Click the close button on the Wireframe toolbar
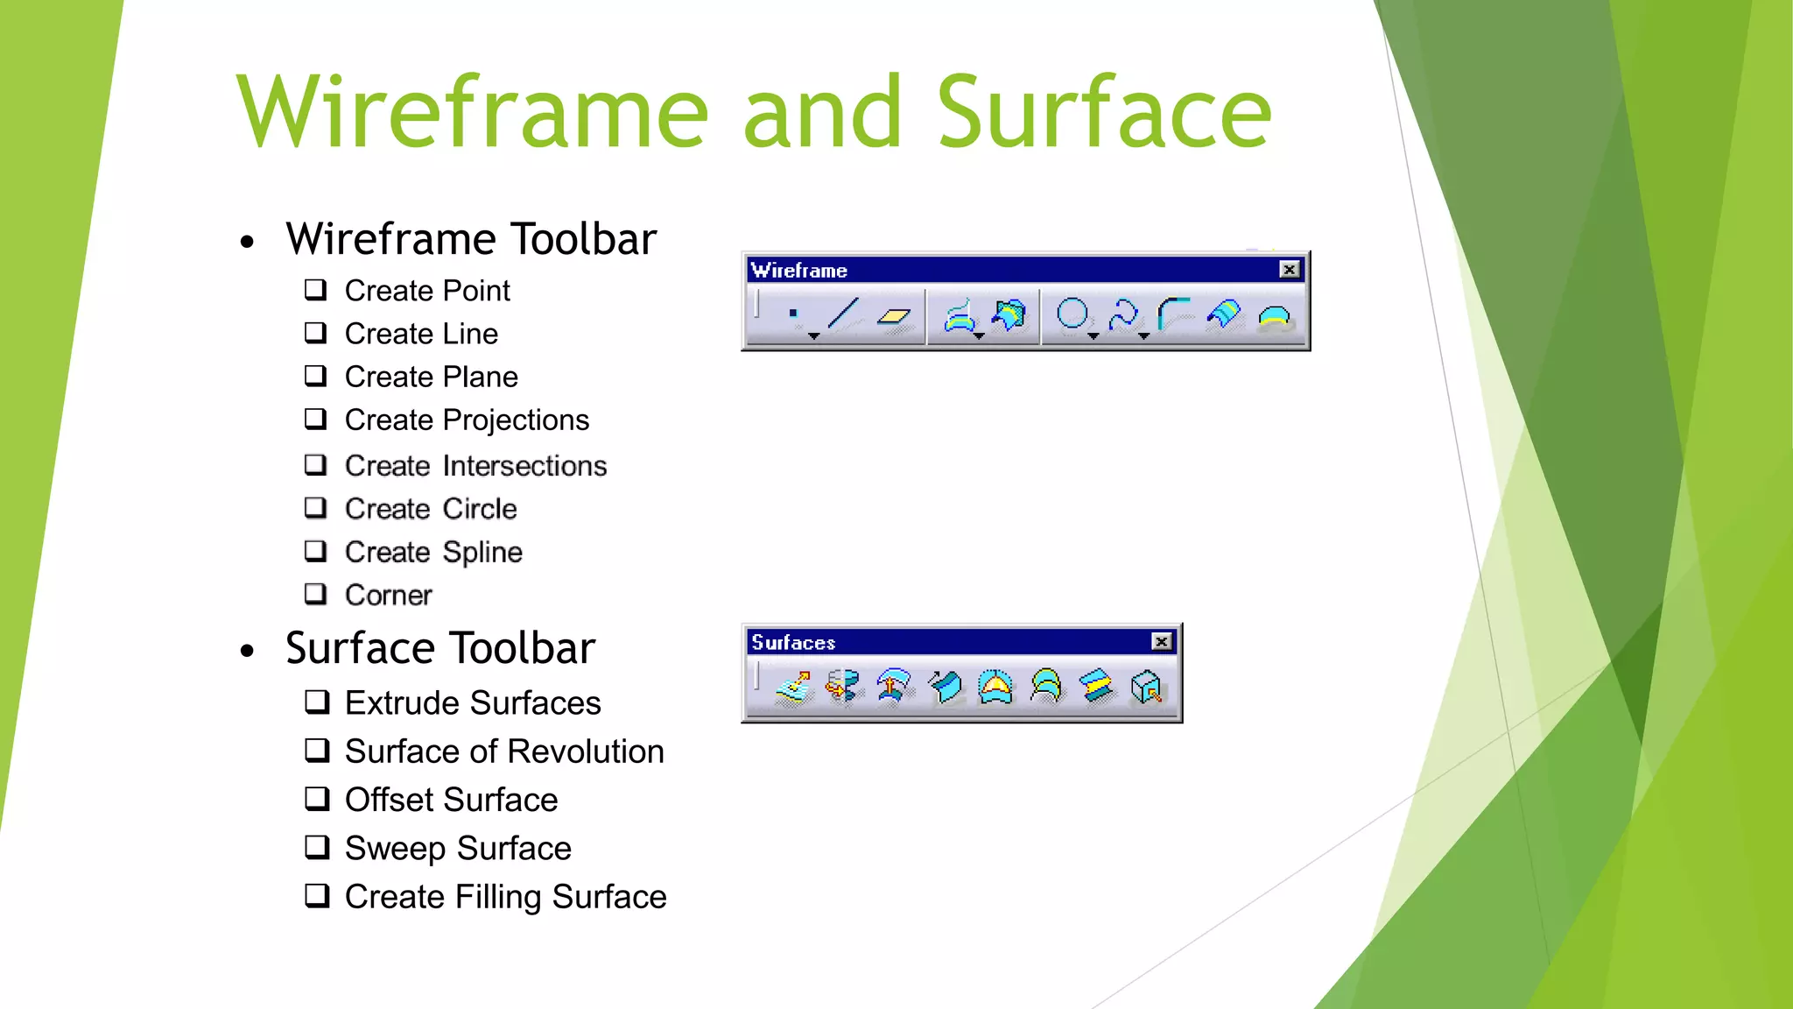[1289, 270]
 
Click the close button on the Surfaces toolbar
[1161, 642]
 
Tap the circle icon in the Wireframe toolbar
[1072, 314]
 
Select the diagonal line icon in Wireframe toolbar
[843, 314]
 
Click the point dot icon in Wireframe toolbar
[793, 313]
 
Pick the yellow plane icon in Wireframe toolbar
[894, 316]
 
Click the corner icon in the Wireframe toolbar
[1173, 313]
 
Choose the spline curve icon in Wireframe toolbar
[1123, 314]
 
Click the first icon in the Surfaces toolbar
[794, 688]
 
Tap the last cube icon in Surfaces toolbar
[1146, 688]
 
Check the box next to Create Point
[315, 289]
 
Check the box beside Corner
[315, 594]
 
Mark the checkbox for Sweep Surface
[317, 847]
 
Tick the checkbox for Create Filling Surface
[317, 895]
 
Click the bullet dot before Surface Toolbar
[248, 651]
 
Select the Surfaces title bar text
[793, 642]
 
